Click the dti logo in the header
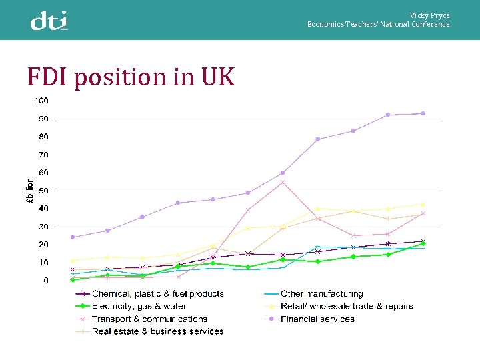coord(49,21)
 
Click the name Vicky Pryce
coord(429,15)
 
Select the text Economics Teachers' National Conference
coord(378,25)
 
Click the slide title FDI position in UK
coord(131,77)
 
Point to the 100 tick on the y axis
coord(41,101)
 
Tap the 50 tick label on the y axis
coord(43,191)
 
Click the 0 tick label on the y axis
coord(46,281)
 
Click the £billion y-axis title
coord(29,191)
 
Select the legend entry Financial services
coord(317,319)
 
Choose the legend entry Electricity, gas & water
coord(139,306)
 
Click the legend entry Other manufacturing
coord(322,293)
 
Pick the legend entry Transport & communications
coord(149,319)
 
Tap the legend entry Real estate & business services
coord(157,331)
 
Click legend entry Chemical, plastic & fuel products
coord(157,293)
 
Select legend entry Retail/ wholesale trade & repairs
coord(347,306)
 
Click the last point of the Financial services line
coord(423,113)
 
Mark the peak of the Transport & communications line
coord(283,182)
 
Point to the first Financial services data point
coord(73,237)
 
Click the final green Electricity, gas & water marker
coord(423,243)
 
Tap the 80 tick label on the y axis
coord(43,137)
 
